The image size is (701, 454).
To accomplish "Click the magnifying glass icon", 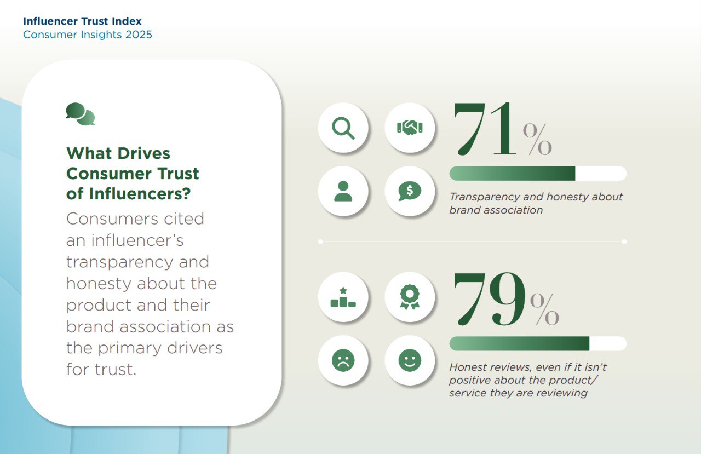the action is [x=343, y=128].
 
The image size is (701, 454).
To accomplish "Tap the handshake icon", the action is [x=410, y=128].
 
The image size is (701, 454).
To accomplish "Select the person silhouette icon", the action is [x=343, y=191].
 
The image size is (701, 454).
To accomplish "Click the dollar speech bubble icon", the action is [x=410, y=191].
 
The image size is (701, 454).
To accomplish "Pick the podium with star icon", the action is [x=343, y=297].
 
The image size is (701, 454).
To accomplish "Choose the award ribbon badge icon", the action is [x=410, y=297].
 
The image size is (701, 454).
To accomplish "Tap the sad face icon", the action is [x=343, y=360].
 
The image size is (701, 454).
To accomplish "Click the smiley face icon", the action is [x=410, y=360].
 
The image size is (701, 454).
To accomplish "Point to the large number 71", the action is [x=484, y=129].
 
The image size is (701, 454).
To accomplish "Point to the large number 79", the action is [x=489, y=299].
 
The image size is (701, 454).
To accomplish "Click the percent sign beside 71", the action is [x=537, y=139].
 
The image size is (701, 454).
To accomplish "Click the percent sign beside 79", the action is [x=544, y=309].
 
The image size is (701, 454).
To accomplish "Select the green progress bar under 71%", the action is [x=512, y=174].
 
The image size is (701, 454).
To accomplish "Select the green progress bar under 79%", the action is [x=520, y=343].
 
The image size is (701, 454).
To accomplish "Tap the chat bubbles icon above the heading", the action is [x=81, y=114].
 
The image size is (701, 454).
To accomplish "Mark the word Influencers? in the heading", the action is [x=140, y=194].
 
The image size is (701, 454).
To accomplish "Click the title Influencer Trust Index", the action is [x=82, y=21].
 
